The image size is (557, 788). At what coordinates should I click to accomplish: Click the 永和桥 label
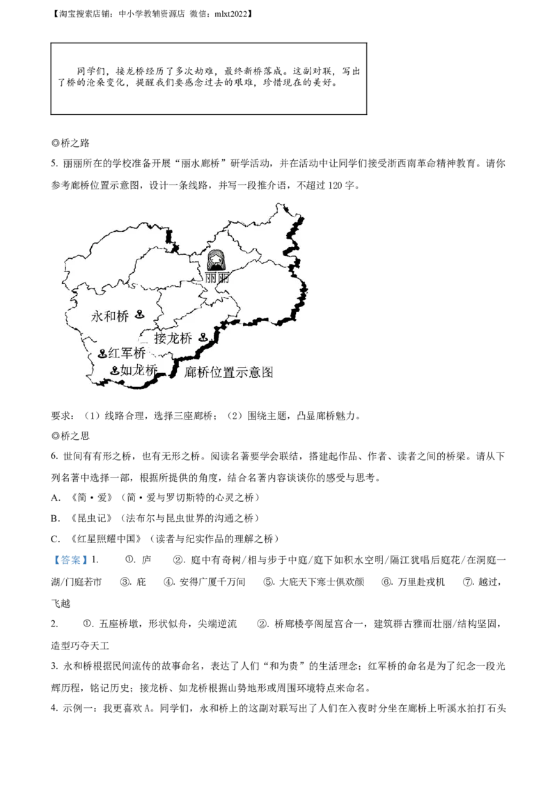tap(110, 317)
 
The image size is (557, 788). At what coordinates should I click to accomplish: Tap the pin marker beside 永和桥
tap(139, 315)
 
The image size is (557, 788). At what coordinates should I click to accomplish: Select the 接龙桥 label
tap(173, 339)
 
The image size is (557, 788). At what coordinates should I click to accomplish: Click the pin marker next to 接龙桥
tap(203, 338)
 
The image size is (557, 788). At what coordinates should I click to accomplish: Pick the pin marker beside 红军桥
tap(102, 354)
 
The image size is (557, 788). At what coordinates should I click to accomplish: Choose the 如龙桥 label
tap(139, 370)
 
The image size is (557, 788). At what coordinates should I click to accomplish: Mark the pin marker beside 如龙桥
tap(114, 370)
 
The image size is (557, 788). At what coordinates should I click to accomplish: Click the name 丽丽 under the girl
tap(217, 277)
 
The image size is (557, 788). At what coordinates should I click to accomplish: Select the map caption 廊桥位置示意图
tap(229, 372)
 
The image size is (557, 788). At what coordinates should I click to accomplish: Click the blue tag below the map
tap(70, 560)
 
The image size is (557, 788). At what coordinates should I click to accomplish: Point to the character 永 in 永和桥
tap(97, 317)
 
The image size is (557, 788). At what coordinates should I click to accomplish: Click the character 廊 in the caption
tap(191, 372)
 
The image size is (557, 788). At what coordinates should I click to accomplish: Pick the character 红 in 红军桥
tap(114, 354)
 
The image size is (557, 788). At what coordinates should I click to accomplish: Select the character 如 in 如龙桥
tap(126, 370)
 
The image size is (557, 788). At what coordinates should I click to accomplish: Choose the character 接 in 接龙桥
tap(161, 339)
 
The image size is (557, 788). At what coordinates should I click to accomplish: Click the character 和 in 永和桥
tap(110, 317)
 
